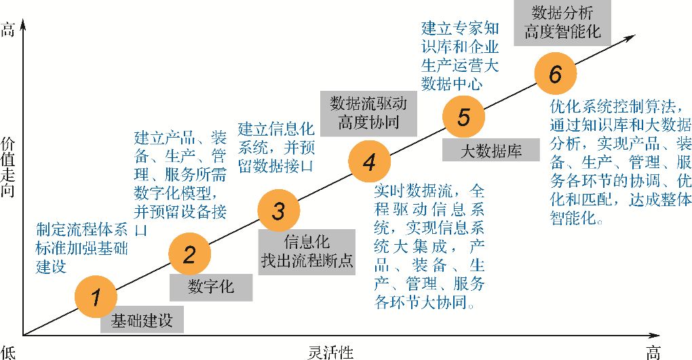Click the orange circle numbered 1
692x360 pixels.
[x=96, y=296]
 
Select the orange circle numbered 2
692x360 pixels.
[x=189, y=255]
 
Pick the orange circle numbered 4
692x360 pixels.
[x=369, y=163]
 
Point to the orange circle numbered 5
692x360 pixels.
[x=463, y=117]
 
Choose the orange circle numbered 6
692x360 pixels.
[x=555, y=75]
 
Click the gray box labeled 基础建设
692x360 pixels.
[x=142, y=321]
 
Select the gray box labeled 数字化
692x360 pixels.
[x=210, y=287]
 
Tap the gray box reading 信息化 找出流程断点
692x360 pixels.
[x=307, y=252]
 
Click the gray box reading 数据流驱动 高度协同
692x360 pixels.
[x=368, y=113]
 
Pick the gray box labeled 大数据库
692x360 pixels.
[x=491, y=150]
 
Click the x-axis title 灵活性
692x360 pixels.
[x=330, y=352]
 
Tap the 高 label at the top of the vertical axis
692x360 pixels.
[x=7, y=31]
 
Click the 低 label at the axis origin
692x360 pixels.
[x=7, y=352]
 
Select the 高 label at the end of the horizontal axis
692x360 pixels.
[x=653, y=352]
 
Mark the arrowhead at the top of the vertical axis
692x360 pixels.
[x=24, y=26]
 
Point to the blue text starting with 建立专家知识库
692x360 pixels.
[x=460, y=56]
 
